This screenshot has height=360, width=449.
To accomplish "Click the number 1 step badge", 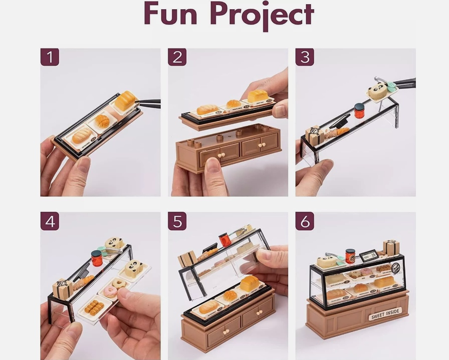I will tap(50, 57).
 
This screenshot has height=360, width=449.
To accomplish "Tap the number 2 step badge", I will tap(177, 57).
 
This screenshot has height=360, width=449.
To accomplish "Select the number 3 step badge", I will tap(305, 57).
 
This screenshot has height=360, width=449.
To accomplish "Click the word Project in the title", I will tap(262, 15).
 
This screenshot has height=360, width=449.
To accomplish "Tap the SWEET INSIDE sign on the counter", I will tap(386, 314).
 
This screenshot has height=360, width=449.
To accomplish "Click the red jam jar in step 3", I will tap(359, 110).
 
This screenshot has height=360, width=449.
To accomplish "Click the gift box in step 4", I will tap(62, 289).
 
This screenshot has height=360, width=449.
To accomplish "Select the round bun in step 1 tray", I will tap(102, 121).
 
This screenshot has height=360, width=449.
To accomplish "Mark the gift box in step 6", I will tap(391, 247).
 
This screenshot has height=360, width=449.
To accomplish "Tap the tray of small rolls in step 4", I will tap(93, 308).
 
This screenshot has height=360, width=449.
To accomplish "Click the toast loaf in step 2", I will tap(258, 96).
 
